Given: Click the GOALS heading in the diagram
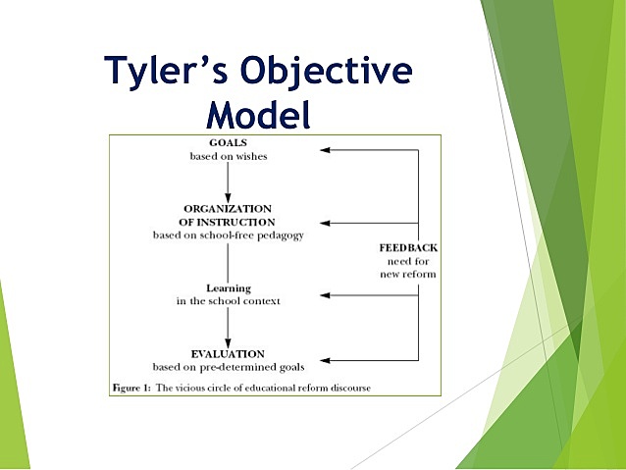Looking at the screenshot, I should coord(228,143).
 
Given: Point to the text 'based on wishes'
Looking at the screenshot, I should coord(228,157).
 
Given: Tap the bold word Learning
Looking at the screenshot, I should coord(228,287).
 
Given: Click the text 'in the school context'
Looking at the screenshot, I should coord(228,301).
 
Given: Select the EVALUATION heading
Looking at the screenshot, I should coord(228,352).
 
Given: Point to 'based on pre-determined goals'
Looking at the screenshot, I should coord(228,366).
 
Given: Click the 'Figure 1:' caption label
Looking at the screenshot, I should coord(133,385).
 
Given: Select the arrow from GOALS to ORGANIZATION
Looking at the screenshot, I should coord(228,182).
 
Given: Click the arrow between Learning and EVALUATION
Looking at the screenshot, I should coord(228,326).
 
